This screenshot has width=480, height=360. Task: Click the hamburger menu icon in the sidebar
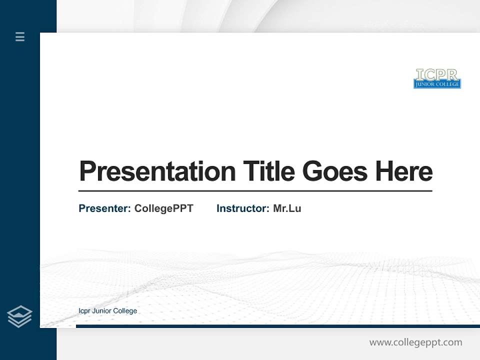tap(20, 36)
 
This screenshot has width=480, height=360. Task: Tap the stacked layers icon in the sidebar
tap(19, 316)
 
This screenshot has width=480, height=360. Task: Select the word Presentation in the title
tap(157, 171)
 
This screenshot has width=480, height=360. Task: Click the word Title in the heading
tap(268, 171)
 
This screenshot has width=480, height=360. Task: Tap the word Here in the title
tap(403, 171)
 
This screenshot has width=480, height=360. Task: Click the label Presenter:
tap(104, 208)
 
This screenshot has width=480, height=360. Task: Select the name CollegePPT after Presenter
tap(163, 208)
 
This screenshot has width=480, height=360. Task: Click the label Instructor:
tap(242, 208)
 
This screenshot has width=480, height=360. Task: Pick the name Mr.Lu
tap(287, 208)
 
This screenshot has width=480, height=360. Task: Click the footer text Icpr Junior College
tap(107, 311)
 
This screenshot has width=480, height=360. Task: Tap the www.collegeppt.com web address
tap(415, 342)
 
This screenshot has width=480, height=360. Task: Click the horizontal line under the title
tap(255, 191)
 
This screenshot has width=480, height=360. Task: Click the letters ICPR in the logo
tap(436, 74)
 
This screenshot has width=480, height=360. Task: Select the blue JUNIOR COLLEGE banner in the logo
tap(437, 84)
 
